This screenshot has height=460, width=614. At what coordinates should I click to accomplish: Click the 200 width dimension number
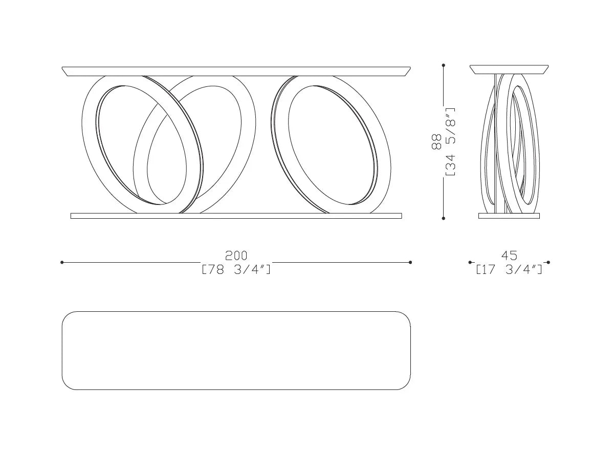[x=236, y=256]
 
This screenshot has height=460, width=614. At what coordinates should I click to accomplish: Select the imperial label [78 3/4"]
[x=236, y=269]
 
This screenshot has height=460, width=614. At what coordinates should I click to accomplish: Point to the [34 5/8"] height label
[x=450, y=142]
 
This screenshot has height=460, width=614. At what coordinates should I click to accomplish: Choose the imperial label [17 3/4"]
[x=509, y=269]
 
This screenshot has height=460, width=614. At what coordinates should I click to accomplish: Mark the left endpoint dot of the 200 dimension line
[x=62, y=262]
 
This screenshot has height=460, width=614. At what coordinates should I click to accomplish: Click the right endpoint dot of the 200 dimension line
[x=411, y=262]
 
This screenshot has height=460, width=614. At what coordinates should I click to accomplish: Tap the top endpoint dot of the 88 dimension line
[x=443, y=65]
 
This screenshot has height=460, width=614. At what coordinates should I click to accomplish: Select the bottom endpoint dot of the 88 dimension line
[x=443, y=218]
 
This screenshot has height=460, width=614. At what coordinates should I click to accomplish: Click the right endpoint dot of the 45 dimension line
[x=548, y=262]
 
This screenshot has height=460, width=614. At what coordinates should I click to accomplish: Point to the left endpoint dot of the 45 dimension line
[x=470, y=262]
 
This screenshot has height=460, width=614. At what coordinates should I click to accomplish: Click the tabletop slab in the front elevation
[x=236, y=71]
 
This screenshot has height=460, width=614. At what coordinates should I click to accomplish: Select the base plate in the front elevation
[x=236, y=216]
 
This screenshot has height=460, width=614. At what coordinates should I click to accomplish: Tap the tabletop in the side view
[x=509, y=69]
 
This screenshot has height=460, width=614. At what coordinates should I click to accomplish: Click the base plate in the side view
[x=509, y=216]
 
